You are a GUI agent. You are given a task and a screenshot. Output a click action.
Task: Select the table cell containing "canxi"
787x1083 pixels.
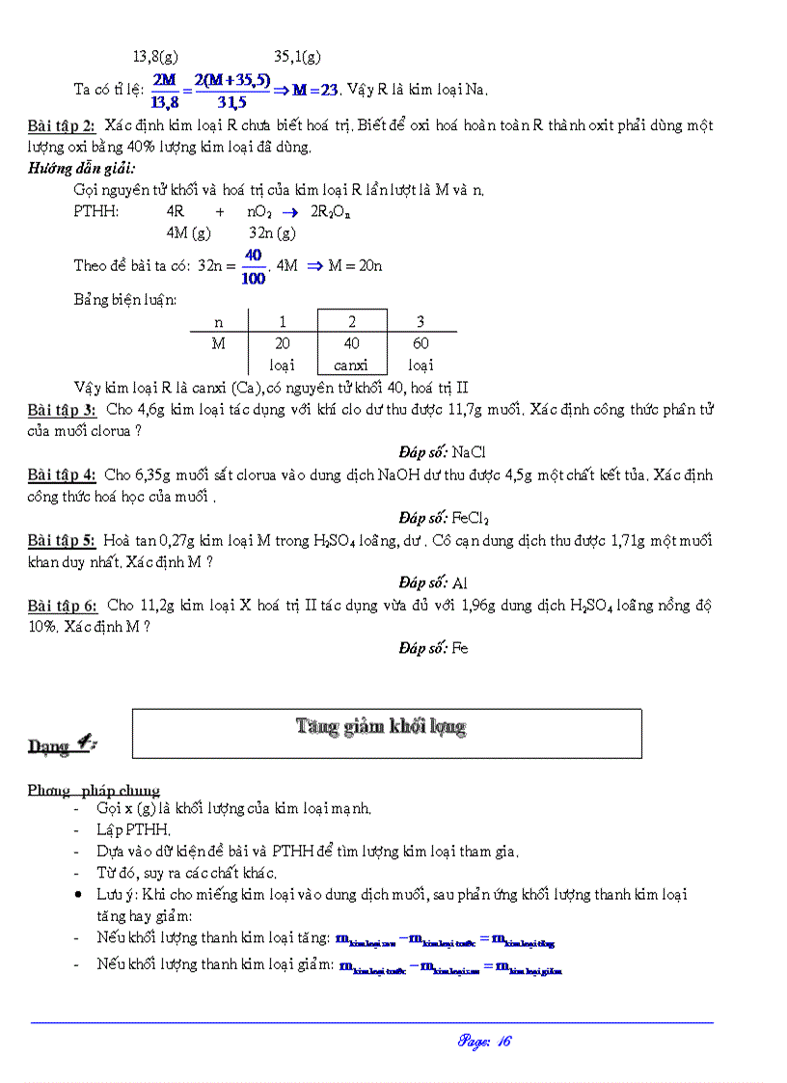click(352, 365)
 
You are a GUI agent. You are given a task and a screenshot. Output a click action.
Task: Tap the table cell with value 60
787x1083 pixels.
click(420, 343)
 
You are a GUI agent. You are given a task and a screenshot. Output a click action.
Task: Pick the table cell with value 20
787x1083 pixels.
click(283, 343)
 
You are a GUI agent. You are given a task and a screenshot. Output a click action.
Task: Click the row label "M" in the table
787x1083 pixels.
click(218, 343)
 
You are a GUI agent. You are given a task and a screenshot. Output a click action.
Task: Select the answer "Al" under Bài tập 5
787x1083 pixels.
click(460, 582)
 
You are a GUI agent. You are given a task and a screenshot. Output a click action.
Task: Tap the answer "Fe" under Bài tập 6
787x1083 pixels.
click(460, 648)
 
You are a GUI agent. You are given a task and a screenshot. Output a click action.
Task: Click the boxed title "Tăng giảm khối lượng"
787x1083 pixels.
click(381, 727)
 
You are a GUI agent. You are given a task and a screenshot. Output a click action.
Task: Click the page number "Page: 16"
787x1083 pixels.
click(484, 1041)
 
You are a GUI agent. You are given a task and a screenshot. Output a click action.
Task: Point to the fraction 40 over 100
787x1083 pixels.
click(254, 266)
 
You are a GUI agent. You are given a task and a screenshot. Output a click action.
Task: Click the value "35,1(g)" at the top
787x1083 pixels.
click(298, 57)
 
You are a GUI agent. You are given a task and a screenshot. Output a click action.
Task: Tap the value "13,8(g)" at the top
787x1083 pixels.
click(155, 57)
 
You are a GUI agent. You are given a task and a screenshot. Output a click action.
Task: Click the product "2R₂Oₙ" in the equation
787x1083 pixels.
click(330, 212)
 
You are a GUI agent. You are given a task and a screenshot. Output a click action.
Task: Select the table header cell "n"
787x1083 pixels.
click(218, 322)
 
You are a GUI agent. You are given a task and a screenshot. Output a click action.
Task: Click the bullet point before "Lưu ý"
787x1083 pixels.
click(78, 895)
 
